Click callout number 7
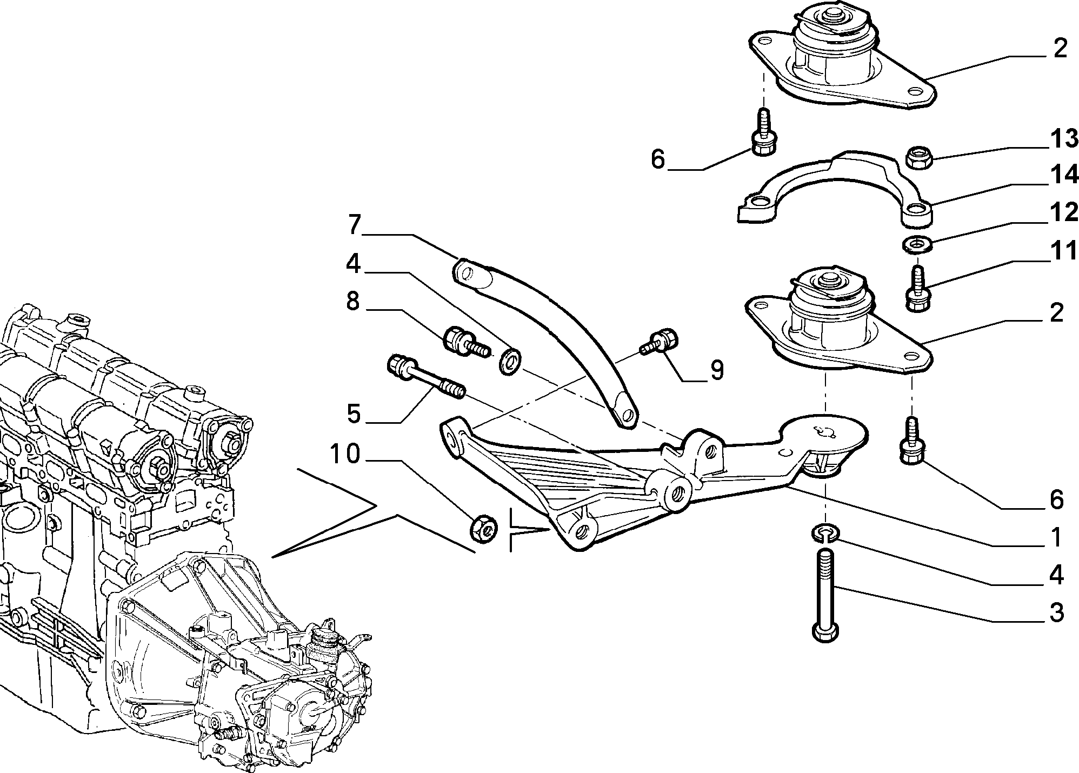click(354, 225)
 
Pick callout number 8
click(352, 301)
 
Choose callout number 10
click(345, 454)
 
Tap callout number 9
click(717, 370)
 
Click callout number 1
click(1056, 537)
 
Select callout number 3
click(1056, 613)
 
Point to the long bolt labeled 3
click(824, 595)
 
